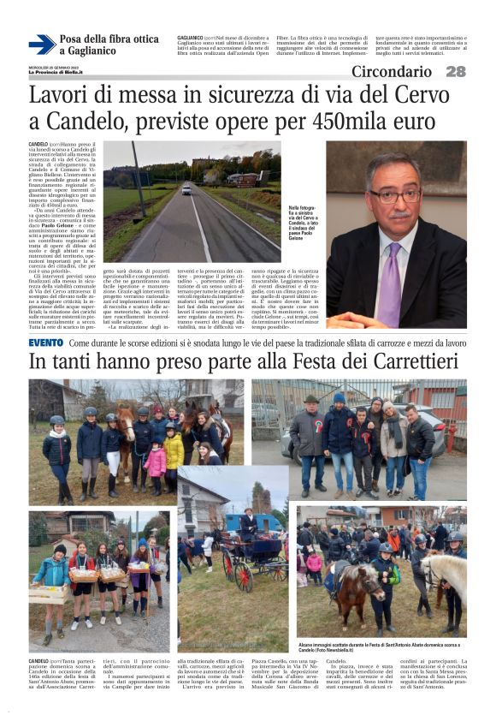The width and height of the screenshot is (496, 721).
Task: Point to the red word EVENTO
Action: pos(45,343)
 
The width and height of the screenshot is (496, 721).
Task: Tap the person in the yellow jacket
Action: pos(174,447)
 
